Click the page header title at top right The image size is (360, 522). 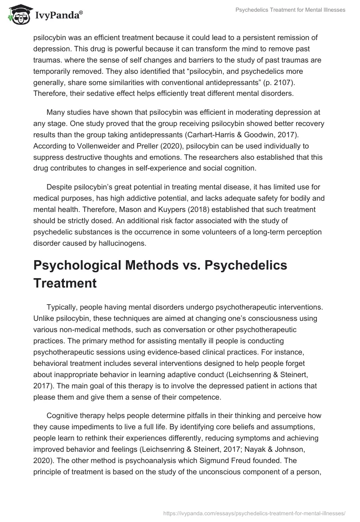(291, 10)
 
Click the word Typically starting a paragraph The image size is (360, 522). (63, 307)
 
